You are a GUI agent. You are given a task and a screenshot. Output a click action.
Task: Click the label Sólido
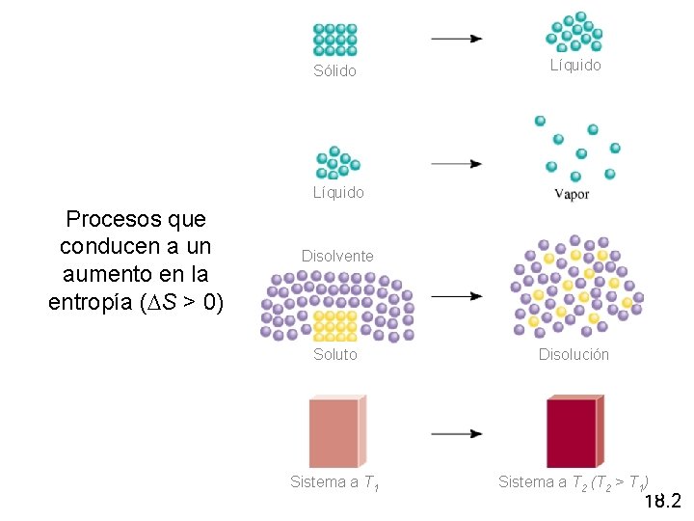tap(334, 71)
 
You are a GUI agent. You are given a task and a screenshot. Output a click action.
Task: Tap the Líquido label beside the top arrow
tap(575, 66)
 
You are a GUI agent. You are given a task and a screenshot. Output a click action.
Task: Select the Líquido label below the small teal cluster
tap(338, 192)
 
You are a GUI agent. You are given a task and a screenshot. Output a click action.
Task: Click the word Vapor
tap(573, 193)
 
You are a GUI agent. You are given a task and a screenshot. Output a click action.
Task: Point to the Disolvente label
tap(337, 256)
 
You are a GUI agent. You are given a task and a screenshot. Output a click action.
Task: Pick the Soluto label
tap(334, 354)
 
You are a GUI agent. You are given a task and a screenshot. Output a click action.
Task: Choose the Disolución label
tap(574, 354)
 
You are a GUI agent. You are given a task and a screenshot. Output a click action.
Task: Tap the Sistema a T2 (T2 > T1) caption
tap(574, 482)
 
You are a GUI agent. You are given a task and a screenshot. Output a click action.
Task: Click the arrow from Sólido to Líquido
tap(456, 39)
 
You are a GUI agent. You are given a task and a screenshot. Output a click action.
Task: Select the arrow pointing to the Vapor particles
tap(456, 164)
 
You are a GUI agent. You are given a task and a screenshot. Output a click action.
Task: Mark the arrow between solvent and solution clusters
tap(456, 296)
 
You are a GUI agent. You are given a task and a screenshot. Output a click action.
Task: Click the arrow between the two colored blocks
tap(456, 434)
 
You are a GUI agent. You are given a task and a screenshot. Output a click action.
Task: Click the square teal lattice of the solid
tap(334, 40)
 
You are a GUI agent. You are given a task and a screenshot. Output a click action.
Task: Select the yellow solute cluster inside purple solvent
tap(336, 325)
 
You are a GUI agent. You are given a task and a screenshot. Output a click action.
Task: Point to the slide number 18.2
tap(662, 501)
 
